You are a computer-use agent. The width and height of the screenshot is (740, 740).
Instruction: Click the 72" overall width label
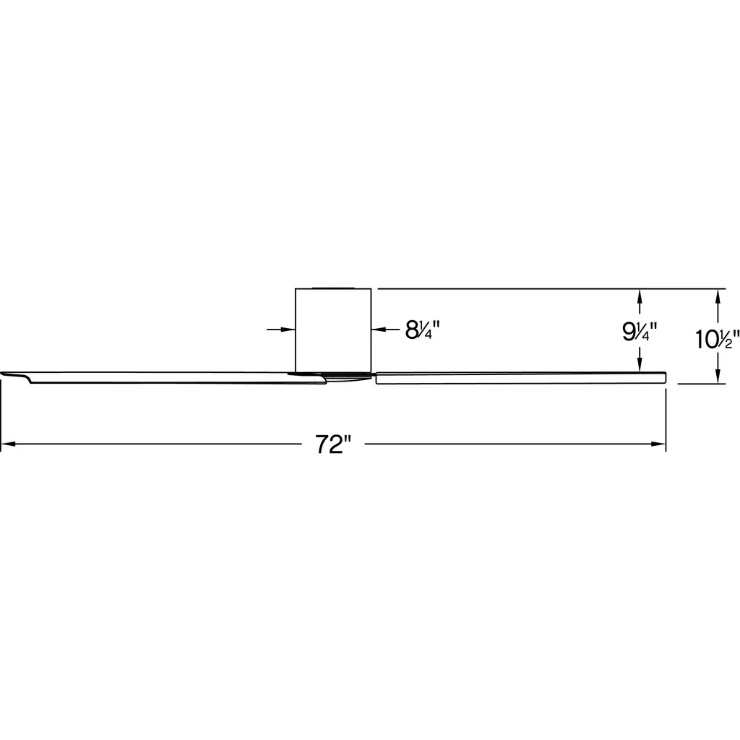click(x=333, y=444)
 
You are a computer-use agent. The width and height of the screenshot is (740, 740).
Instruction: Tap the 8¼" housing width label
click(x=422, y=330)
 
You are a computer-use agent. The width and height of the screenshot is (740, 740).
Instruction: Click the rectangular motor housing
click(x=333, y=330)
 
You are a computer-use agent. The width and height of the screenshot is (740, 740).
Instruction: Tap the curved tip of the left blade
click(x=14, y=375)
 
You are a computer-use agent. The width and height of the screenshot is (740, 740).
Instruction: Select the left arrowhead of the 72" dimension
click(x=9, y=444)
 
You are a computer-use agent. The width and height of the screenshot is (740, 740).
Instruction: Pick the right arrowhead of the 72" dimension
click(x=658, y=444)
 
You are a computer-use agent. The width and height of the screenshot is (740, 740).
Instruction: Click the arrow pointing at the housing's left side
click(x=281, y=329)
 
